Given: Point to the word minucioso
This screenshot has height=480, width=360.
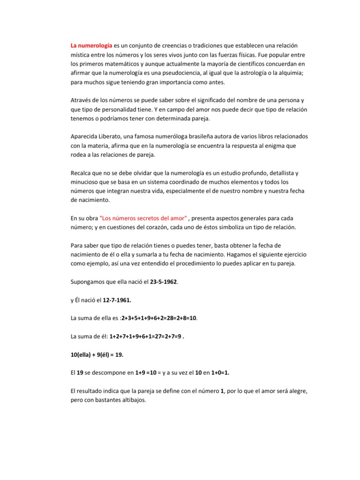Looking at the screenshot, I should click(87, 182).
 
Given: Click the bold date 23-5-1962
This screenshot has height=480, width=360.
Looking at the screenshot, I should click(165, 282).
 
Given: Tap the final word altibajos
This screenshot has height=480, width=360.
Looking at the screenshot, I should click(133, 400).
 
